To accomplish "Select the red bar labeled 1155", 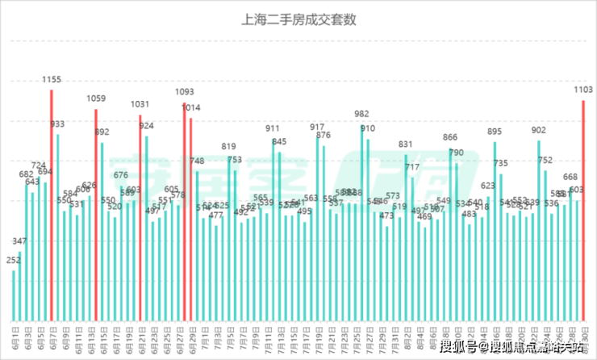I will click(52, 202).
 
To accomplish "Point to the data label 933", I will click(57, 124).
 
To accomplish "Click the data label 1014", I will click(191, 107).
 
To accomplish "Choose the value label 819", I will click(229, 147).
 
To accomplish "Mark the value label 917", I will click(317, 128).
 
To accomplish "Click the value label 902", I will click(539, 130).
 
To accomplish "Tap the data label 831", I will click(406, 144).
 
